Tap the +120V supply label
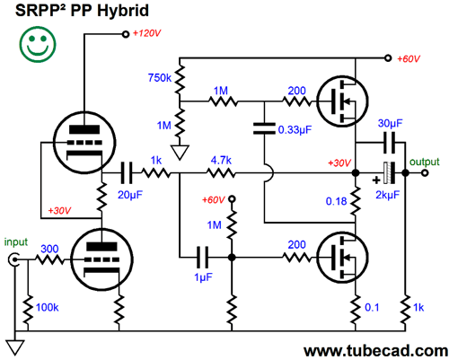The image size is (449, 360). tap(147, 34)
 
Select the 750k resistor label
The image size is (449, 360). tap(159, 77)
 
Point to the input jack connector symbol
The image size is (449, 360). tap(13, 260)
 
